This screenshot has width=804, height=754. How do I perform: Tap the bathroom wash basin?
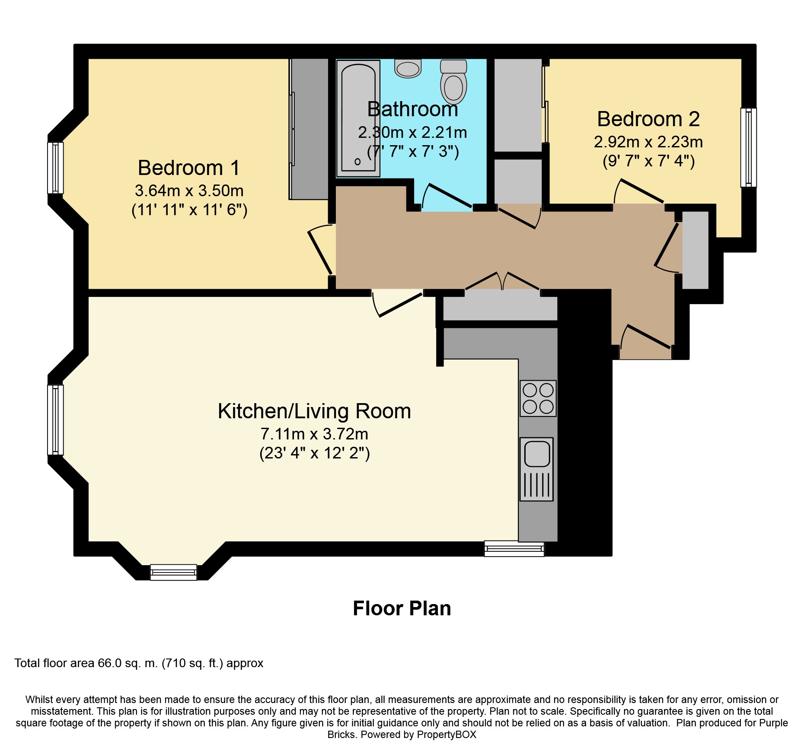click(x=408, y=69)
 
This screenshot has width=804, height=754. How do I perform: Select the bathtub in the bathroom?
click(x=358, y=118)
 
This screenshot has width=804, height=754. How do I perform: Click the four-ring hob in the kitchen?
click(x=538, y=398)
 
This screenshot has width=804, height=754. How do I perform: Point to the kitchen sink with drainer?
click(x=536, y=469)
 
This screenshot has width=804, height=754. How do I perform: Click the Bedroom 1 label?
click(x=189, y=168)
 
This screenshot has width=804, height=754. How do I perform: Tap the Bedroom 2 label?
click(x=648, y=119)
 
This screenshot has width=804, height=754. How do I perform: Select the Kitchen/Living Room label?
click(x=314, y=411)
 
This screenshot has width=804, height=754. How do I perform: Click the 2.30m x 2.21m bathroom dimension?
click(x=412, y=132)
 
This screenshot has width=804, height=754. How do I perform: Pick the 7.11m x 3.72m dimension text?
click(x=314, y=434)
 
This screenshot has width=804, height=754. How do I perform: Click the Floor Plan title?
click(x=402, y=608)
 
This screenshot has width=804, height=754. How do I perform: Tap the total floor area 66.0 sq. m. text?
click(x=139, y=663)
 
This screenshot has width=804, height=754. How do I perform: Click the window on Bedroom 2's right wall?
click(x=748, y=147)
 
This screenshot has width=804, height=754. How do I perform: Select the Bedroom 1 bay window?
click(x=55, y=168)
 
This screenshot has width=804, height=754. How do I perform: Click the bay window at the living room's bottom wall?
click(x=173, y=572)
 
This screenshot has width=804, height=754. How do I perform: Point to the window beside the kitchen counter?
click(x=514, y=549)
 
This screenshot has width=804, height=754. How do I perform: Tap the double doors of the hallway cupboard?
click(x=502, y=282)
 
